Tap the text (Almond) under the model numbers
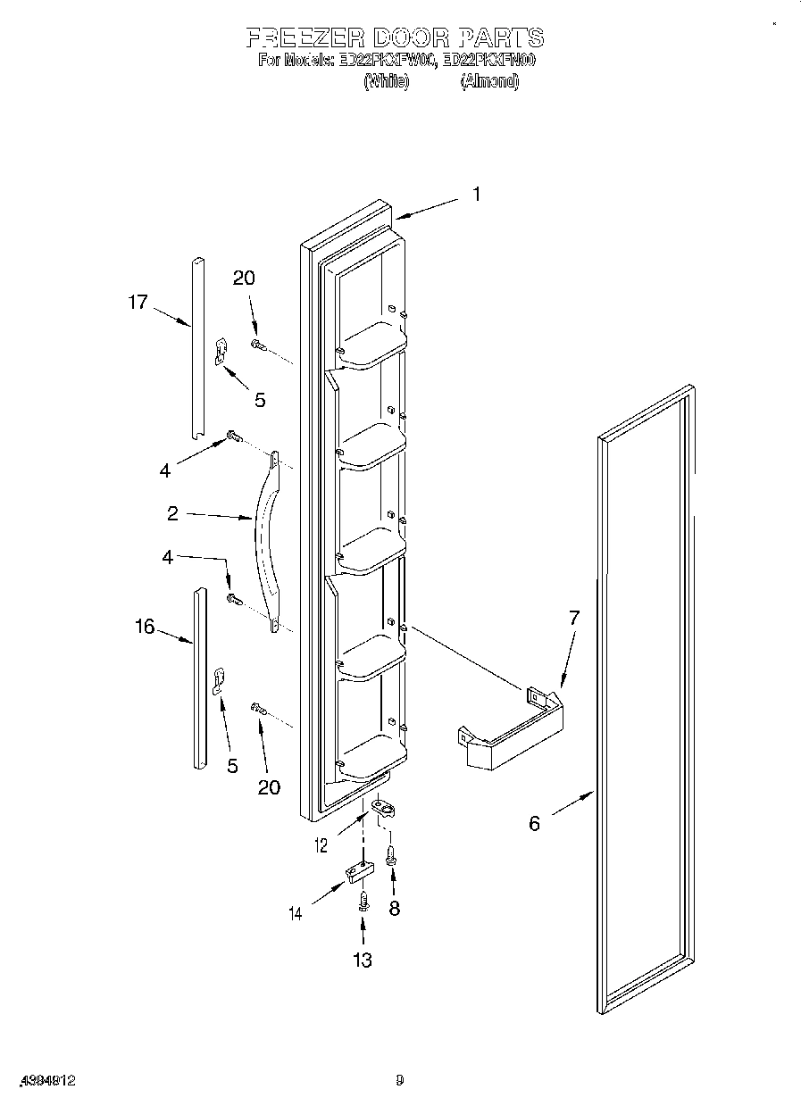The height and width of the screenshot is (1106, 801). point(488,81)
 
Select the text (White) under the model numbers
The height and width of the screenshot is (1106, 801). point(386,81)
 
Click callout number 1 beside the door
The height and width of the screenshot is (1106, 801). point(476,194)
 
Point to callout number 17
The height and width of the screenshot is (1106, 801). point(137,302)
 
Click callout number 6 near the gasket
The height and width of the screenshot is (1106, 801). point(534,823)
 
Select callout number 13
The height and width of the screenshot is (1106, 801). point(363,960)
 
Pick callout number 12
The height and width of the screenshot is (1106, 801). point(322,844)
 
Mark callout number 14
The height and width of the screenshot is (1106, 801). point(296,913)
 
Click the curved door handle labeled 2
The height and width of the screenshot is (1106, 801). point(264,540)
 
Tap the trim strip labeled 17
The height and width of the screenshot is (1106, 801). point(197,348)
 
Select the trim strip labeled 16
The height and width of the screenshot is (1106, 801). point(198,678)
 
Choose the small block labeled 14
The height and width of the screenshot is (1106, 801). point(356,871)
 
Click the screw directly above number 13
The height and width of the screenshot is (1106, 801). point(363,901)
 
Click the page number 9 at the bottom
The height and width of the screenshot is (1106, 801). point(399,1081)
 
